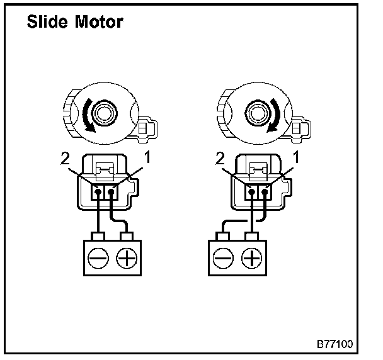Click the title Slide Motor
[74, 22]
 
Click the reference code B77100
[333, 344]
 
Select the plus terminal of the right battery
[251, 258]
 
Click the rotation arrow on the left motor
[86, 118]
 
